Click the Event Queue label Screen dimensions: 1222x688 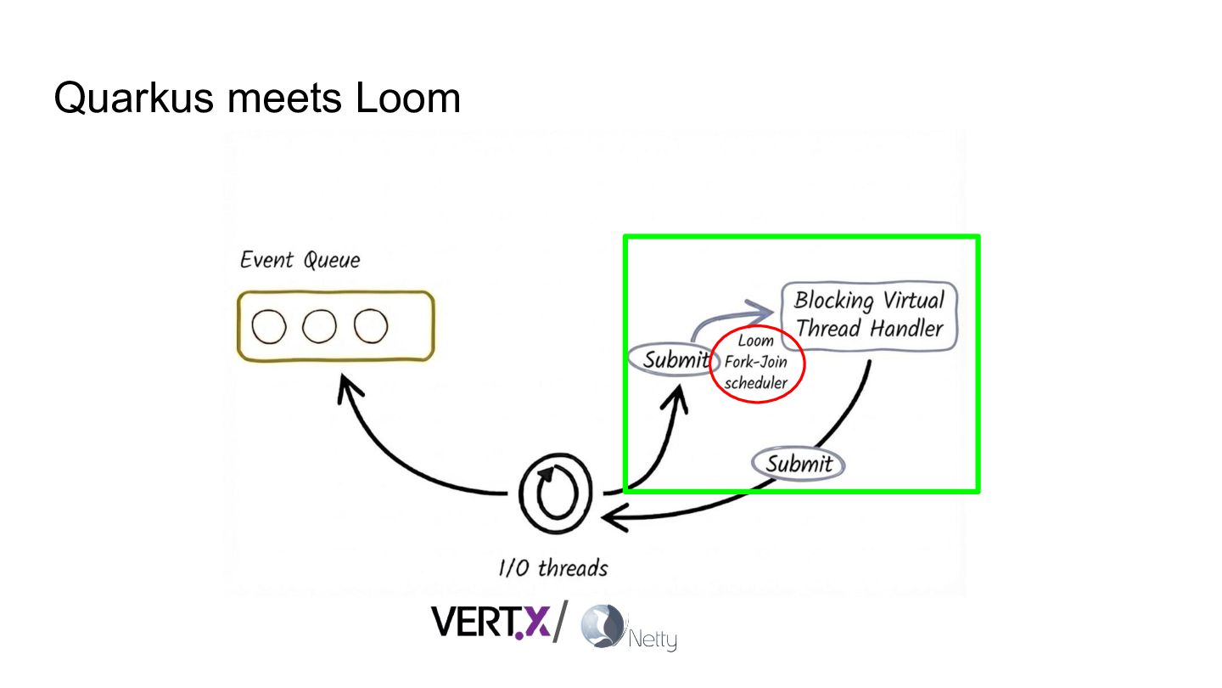(300, 260)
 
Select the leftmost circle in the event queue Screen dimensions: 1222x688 (270, 326)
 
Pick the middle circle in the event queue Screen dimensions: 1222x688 (320, 326)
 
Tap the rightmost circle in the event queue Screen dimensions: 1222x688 (371, 326)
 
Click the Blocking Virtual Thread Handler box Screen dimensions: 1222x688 (869, 315)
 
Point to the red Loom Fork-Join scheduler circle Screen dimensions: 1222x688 (756, 364)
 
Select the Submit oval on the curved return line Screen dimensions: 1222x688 (799, 464)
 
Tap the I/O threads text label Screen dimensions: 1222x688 (552, 567)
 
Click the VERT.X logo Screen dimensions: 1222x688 (490, 623)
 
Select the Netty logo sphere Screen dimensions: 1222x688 (602, 626)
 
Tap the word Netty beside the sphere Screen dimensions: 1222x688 (653, 639)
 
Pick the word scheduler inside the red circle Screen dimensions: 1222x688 (756, 383)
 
